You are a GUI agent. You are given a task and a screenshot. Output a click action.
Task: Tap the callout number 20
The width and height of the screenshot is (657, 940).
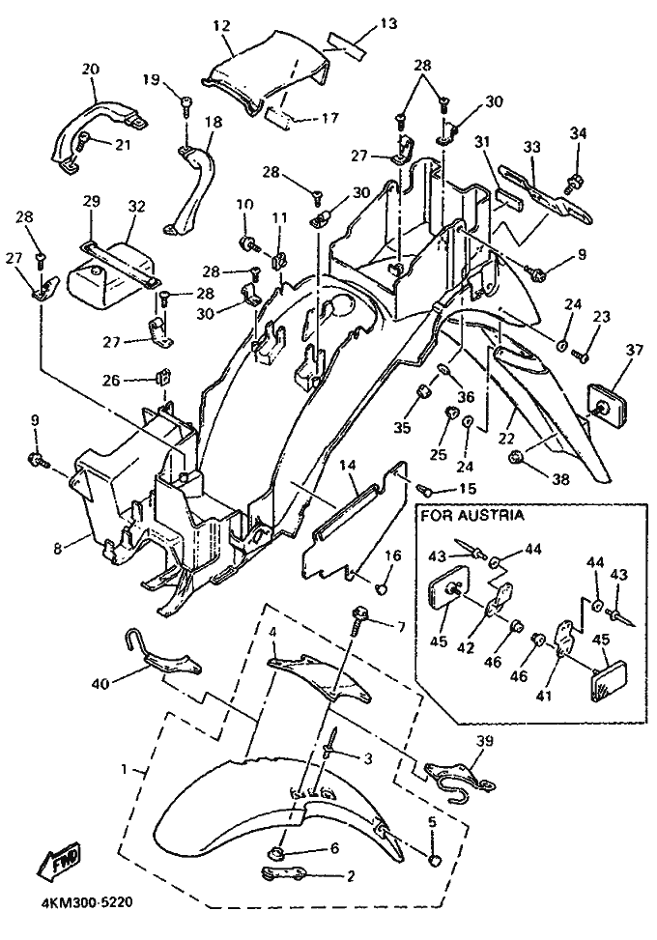point(91,70)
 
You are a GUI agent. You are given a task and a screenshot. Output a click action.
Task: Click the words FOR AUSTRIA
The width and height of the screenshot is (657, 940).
point(472,515)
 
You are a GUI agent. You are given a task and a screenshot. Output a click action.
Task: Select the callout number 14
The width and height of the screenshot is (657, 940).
point(349,466)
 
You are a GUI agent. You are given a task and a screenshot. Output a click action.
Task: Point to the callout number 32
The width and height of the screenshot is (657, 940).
point(136,206)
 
